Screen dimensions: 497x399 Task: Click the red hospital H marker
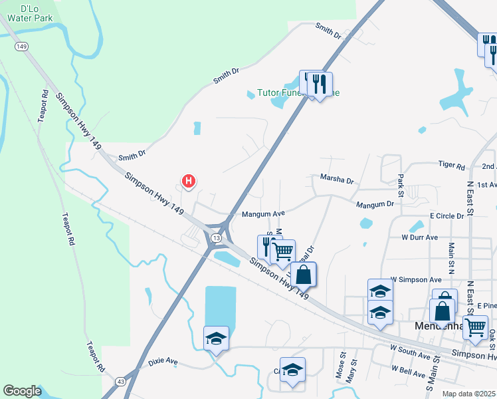click(x=189, y=180)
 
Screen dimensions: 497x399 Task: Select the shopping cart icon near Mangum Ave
click(x=283, y=251)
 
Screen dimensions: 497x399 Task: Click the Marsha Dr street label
click(x=337, y=180)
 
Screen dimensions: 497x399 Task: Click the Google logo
click(x=22, y=391)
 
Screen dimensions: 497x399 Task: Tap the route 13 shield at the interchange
click(x=217, y=237)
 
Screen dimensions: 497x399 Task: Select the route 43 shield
click(x=120, y=382)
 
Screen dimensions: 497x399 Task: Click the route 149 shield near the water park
click(x=22, y=47)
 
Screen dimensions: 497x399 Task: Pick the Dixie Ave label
click(x=163, y=362)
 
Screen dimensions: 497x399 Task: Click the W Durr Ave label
click(x=419, y=237)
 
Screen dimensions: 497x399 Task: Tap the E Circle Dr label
click(x=447, y=216)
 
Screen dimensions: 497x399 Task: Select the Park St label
click(x=401, y=186)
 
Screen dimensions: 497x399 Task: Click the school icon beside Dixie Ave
click(x=217, y=338)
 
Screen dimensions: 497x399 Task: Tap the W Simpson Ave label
click(x=416, y=280)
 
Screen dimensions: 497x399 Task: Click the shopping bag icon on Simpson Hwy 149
click(x=303, y=274)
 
